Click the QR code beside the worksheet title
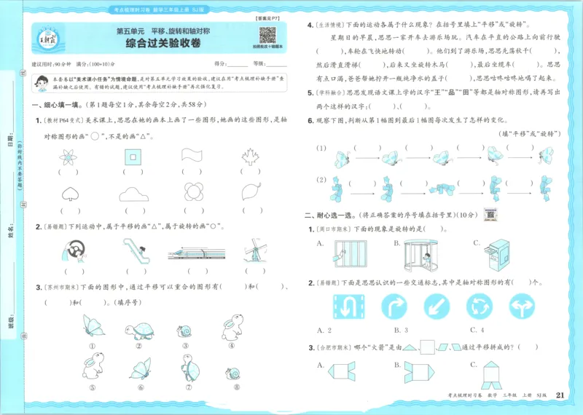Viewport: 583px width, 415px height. click(x=267, y=36)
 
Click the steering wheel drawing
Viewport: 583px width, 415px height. click(x=71, y=252)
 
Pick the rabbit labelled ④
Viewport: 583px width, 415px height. click(x=232, y=325)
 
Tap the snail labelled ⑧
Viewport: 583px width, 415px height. click(x=233, y=374)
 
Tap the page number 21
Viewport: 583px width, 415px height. click(x=560, y=395)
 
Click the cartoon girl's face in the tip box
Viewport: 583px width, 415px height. click(x=44, y=83)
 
